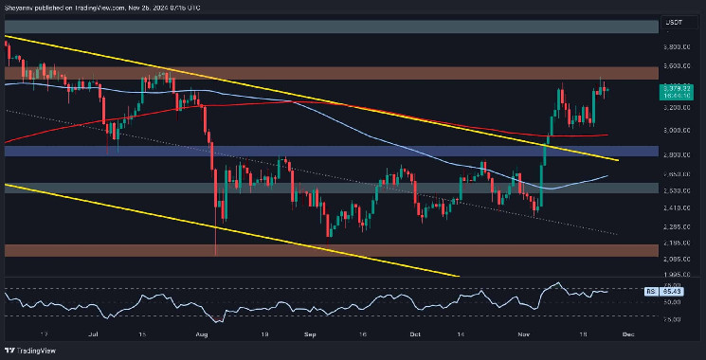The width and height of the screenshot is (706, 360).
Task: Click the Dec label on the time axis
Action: tap(628, 334)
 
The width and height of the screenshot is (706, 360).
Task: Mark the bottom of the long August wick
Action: tap(217, 254)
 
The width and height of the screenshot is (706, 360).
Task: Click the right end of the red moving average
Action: tap(608, 135)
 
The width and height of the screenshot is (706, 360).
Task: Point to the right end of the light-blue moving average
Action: tap(608, 175)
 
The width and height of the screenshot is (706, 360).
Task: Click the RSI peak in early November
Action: tap(557, 283)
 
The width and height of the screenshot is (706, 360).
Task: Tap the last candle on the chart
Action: tap(606, 90)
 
